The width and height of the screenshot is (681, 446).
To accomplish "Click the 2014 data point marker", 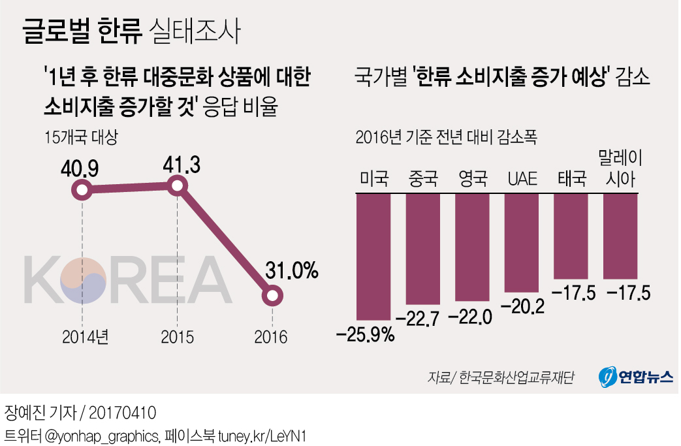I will coord(82,191).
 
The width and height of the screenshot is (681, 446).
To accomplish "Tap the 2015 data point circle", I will coord(178,187).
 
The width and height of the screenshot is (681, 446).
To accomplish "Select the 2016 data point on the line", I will coord(272,296).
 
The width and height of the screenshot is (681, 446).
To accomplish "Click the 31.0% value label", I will coord(292,269).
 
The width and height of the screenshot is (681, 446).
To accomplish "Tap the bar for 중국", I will coord(422,249).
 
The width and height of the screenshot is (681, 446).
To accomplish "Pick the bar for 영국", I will coord(472,247).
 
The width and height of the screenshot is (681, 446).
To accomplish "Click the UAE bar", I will coord(522,242).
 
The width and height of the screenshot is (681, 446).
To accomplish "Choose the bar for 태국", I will coord(571,236).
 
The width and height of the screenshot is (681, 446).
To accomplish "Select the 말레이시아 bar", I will coord(620,236).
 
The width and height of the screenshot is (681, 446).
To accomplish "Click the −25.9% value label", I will coord(366,336).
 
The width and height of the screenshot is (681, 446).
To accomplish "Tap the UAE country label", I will coord(522,178).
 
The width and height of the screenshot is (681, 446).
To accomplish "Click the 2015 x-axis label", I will coord(177,337).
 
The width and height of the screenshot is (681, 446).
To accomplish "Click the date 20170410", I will coord(123,413).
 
